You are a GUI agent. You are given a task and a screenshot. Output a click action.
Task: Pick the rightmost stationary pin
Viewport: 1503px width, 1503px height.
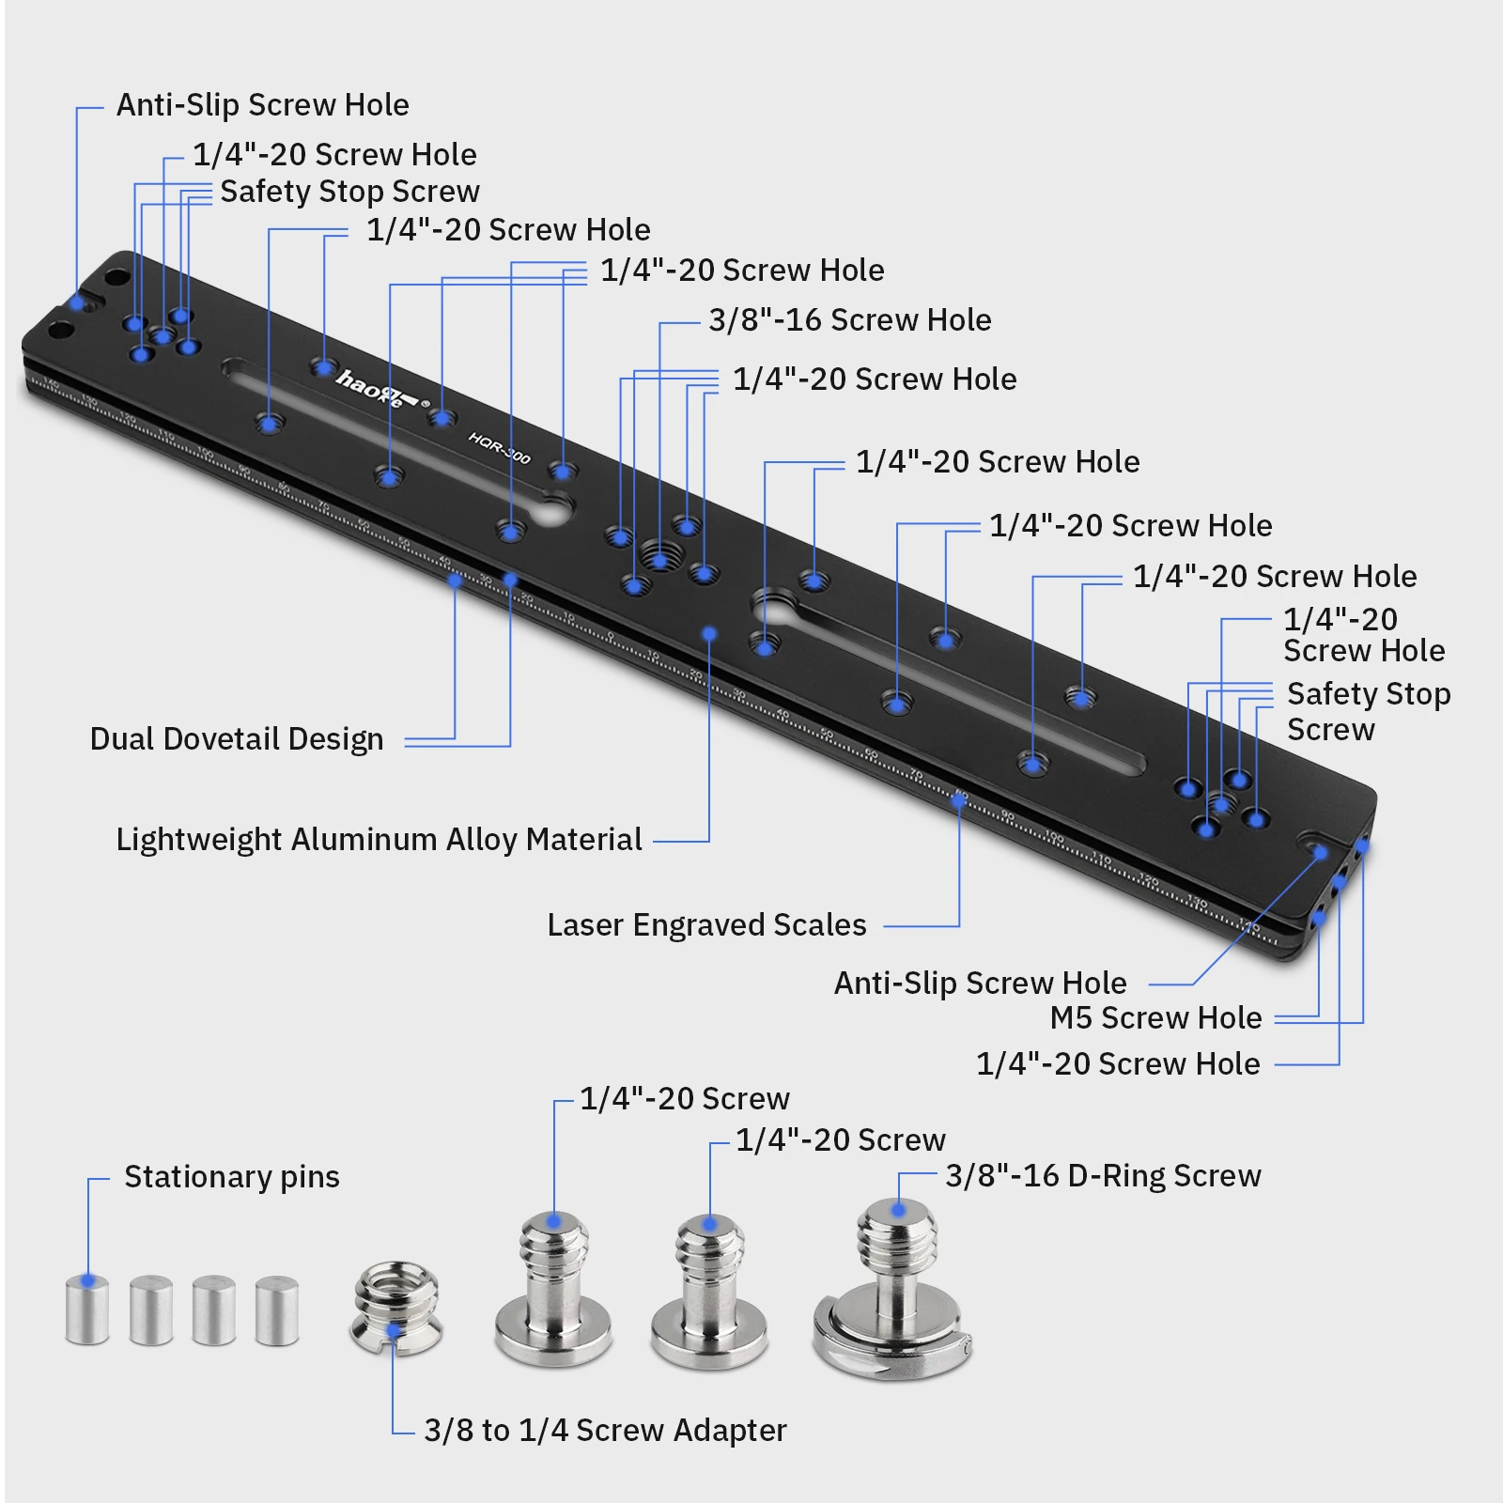coord(277,1309)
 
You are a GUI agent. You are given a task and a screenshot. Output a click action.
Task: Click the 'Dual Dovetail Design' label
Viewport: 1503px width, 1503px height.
coord(237,739)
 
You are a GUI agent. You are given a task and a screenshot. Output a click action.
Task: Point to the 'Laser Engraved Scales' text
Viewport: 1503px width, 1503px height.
coord(706,925)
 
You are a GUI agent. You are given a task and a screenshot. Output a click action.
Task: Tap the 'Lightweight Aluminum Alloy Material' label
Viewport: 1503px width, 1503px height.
coord(379,839)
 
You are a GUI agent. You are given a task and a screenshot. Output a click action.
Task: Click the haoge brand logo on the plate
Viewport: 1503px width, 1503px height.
coord(374,386)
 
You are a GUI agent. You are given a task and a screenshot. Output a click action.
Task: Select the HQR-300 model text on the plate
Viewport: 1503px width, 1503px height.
coord(500,448)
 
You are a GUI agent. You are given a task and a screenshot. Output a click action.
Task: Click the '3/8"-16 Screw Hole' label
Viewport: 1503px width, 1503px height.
coord(849,320)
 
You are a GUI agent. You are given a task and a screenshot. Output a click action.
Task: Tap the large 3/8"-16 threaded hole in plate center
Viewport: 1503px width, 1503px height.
coord(659,556)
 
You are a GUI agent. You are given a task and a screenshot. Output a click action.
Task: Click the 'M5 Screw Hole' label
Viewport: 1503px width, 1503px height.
coord(1155,1017)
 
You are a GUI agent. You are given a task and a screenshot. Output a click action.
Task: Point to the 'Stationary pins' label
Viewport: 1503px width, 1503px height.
coord(231,1177)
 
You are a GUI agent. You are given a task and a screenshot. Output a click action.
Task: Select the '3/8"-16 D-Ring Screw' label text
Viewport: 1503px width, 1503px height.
coord(1103,1176)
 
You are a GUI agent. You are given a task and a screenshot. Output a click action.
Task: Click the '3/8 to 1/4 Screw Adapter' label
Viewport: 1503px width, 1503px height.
coord(605,1431)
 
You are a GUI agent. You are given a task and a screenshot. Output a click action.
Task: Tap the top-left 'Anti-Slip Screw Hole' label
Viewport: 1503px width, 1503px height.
coord(262,105)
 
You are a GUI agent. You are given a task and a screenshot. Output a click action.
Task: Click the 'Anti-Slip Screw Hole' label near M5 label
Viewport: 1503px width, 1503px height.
coord(980,983)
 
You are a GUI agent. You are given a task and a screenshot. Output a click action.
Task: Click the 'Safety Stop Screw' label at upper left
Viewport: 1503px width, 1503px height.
coord(349,192)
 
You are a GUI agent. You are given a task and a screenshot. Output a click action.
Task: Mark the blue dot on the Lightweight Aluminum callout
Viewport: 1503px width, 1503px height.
coord(709,634)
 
